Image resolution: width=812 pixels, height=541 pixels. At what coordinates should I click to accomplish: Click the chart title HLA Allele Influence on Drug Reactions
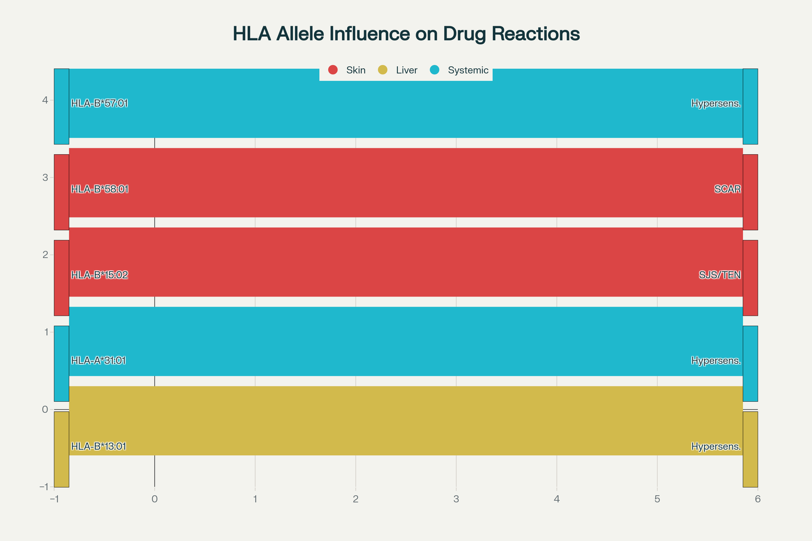(x=406, y=33)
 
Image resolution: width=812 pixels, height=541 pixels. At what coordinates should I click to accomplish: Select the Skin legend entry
(x=347, y=70)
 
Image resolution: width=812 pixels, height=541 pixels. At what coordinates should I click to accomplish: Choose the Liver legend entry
(x=398, y=70)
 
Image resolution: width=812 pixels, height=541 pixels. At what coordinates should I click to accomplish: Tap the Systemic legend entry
(x=459, y=70)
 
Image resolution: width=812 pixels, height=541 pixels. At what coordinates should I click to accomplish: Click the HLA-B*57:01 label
(x=99, y=103)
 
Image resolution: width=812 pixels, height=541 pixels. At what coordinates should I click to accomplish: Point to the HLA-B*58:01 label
(x=99, y=189)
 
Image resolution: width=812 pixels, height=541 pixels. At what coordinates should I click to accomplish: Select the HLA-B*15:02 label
(x=99, y=275)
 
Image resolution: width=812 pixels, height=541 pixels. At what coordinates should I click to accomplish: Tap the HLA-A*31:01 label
(x=98, y=360)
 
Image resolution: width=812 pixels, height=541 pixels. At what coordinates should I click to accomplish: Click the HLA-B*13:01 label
(x=98, y=446)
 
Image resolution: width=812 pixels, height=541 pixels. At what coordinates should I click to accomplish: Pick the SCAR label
(x=728, y=189)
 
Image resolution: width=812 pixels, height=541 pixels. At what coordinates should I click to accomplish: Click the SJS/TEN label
(x=720, y=275)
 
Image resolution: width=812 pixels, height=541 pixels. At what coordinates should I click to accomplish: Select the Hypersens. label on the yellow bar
(x=716, y=447)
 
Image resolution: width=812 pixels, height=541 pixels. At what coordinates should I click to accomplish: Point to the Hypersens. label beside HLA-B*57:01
(x=716, y=103)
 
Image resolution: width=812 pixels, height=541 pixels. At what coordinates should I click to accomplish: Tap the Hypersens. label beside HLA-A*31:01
(x=716, y=360)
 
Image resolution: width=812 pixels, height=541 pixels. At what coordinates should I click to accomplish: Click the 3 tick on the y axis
(x=45, y=177)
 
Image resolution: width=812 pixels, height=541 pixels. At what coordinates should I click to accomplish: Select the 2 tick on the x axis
(x=356, y=499)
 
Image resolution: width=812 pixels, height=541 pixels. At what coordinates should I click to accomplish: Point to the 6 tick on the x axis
(x=758, y=499)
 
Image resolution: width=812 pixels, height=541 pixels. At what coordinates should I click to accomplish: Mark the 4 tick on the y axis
(x=45, y=100)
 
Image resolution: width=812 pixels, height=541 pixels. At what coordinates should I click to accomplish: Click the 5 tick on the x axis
(x=657, y=499)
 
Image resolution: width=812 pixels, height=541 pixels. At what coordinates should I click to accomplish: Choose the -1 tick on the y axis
(x=44, y=487)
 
